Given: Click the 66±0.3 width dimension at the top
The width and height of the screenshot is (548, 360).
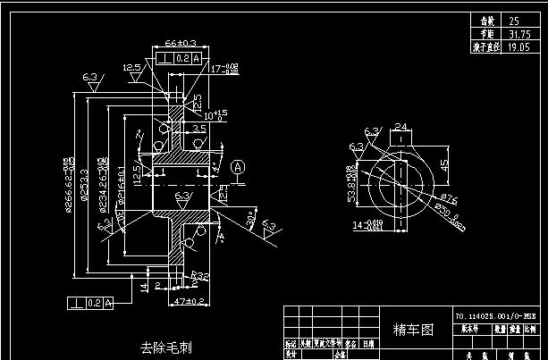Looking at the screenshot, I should pos(182,42).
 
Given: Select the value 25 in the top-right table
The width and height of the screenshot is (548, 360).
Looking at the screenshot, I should pos(513,20).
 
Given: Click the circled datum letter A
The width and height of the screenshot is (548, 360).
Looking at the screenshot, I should pos(238,167).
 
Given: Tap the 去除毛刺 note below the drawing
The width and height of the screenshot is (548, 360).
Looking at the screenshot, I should pos(165,346).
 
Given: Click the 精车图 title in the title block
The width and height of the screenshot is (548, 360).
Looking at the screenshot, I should pos(414,330).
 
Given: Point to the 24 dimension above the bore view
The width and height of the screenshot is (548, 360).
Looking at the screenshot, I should pos(400,127).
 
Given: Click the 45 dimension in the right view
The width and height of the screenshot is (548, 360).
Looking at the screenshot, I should pos(443,165).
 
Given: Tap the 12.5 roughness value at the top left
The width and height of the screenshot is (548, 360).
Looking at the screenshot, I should pos(132,68).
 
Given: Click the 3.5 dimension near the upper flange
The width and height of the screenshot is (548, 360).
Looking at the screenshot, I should pos(198,129).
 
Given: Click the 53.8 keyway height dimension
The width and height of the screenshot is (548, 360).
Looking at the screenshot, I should pos(351,182).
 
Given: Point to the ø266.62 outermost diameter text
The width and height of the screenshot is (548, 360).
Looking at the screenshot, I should pos(68,188).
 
